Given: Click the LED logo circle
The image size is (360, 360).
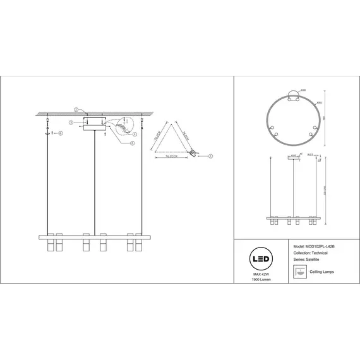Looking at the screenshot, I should tap(261, 259).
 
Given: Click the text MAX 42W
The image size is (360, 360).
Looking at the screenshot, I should tap(261, 274).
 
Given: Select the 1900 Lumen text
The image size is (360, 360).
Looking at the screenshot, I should tap(261, 280).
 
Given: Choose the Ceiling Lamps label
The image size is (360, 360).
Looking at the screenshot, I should tap(322, 272).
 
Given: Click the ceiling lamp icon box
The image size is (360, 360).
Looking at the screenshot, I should tap(292, 272).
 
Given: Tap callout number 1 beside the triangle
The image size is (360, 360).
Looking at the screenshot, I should tap(211, 155).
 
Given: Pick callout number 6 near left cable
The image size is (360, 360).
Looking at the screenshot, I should tap(60, 134).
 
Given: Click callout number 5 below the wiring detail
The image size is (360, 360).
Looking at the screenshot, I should tap(132, 143).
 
